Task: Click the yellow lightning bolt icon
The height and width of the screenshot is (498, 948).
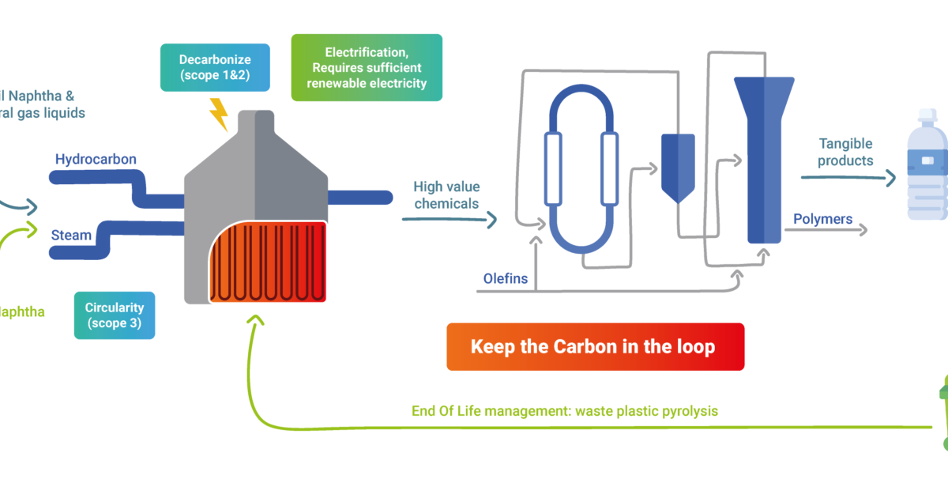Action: (219, 115)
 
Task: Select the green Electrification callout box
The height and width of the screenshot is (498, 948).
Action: (367, 67)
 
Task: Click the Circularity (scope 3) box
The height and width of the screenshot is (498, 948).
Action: (115, 315)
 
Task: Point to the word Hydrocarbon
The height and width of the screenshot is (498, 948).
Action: (96, 160)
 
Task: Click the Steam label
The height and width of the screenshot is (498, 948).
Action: (71, 235)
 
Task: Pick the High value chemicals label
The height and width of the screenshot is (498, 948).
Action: (446, 195)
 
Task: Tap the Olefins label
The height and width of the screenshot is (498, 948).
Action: (506, 278)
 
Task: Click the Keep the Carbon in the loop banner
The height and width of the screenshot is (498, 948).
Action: (595, 346)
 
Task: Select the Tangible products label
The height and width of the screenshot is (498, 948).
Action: (845, 152)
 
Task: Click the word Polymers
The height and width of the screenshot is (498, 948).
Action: (822, 219)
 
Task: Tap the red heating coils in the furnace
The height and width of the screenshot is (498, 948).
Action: (269, 261)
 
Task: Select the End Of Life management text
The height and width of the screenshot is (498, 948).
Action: (564, 411)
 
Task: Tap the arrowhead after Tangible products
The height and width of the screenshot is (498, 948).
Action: (890, 178)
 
